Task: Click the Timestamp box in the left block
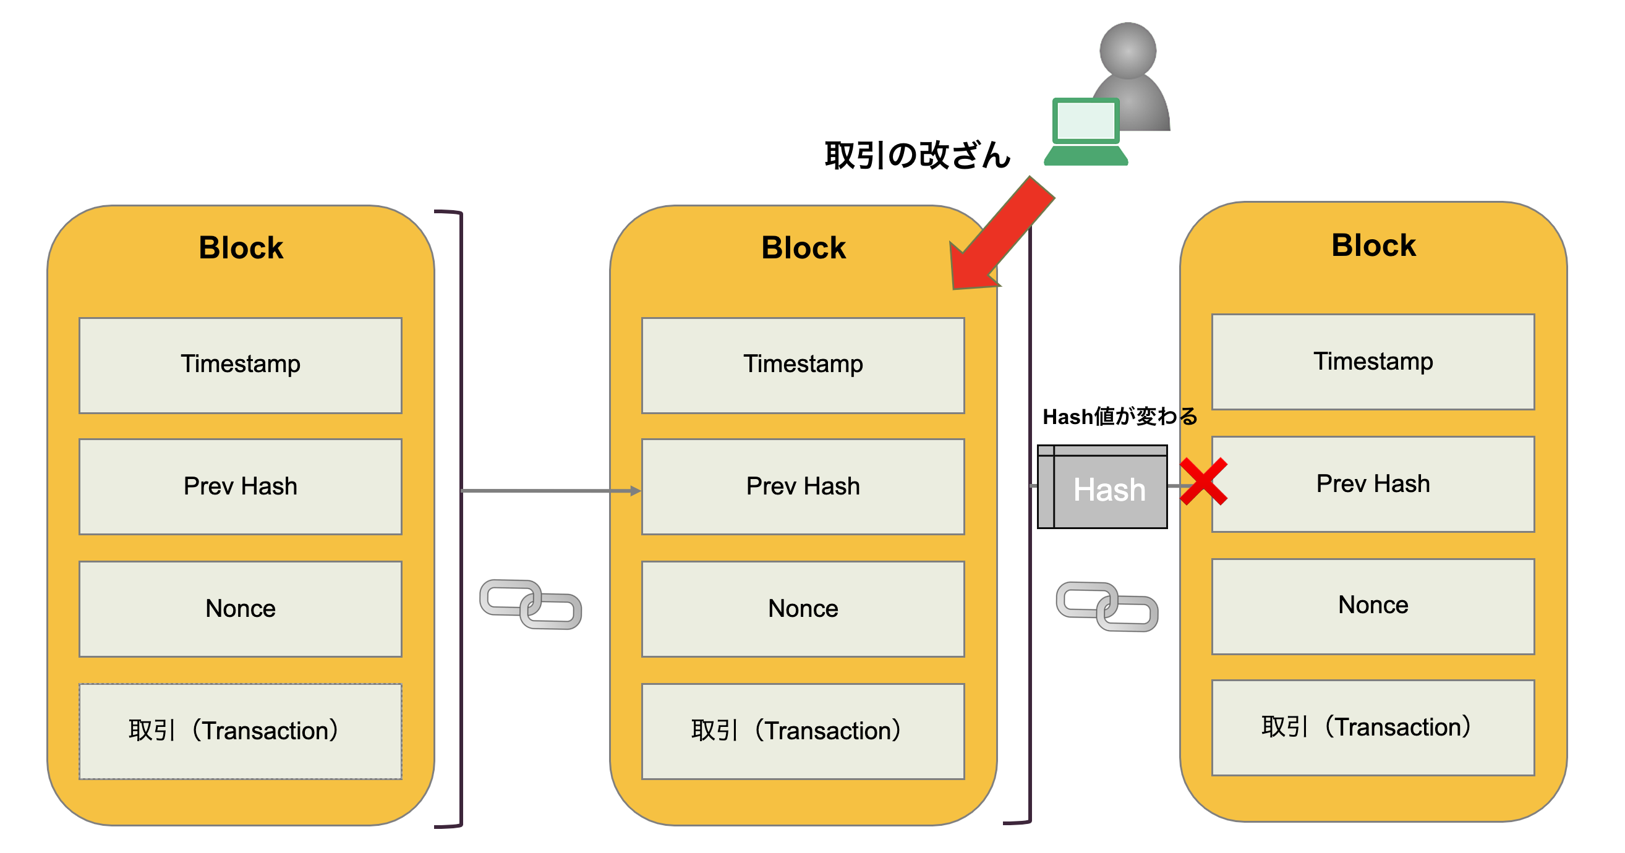(x=241, y=365)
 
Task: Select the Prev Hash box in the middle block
(x=803, y=486)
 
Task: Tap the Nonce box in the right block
(x=1373, y=606)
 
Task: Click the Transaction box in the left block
(x=241, y=731)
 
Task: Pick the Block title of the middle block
(x=803, y=247)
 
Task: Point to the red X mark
(x=1203, y=482)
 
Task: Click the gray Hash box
(x=1103, y=487)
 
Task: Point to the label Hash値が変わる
(x=1120, y=417)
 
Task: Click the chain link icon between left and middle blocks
(x=530, y=604)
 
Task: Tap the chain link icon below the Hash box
(x=1106, y=606)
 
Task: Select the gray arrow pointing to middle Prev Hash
(x=549, y=491)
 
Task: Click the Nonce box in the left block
(x=241, y=608)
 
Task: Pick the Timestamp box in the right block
(x=1373, y=362)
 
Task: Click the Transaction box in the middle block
(x=803, y=731)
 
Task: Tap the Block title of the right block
(x=1373, y=245)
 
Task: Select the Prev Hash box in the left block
(x=241, y=486)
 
